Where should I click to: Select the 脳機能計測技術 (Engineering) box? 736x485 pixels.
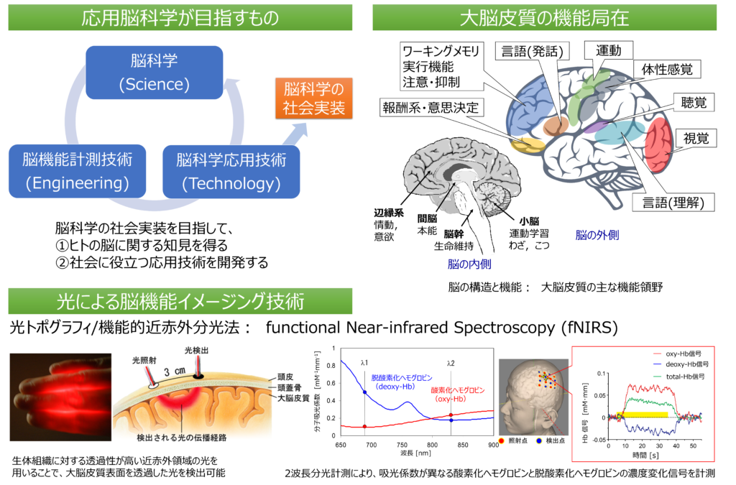[77, 171]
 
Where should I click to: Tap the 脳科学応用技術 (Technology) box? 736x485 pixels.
[231, 171]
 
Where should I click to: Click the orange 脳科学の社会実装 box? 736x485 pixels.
[314, 99]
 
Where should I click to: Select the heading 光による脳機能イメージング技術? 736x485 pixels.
[180, 302]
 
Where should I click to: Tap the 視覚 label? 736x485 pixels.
[696, 139]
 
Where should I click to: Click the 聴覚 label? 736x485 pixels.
[694, 103]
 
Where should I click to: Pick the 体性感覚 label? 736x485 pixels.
[666, 70]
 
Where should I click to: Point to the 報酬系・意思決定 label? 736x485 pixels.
[430, 108]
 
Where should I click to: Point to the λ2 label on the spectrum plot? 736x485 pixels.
[451, 362]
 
